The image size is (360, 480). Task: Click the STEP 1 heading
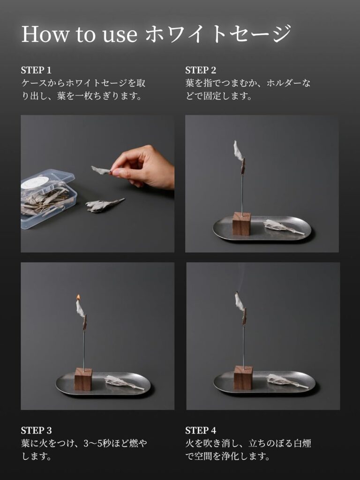(x=36, y=70)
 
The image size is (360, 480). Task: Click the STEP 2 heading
(x=201, y=70)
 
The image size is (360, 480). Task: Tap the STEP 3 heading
(x=36, y=430)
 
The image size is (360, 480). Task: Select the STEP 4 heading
(x=201, y=430)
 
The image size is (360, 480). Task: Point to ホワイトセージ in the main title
(x=218, y=34)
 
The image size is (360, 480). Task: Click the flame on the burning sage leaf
(x=78, y=297)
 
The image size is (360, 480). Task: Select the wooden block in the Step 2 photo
(x=241, y=224)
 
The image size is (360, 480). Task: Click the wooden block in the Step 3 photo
(x=83, y=379)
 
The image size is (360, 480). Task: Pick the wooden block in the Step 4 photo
(x=243, y=378)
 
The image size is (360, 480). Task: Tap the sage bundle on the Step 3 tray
(x=122, y=382)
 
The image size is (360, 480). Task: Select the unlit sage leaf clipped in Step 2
(x=238, y=150)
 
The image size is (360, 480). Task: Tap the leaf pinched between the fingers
(x=102, y=170)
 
